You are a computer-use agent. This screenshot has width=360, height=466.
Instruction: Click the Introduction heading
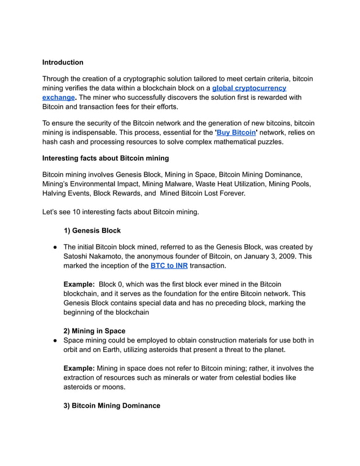click(x=63, y=62)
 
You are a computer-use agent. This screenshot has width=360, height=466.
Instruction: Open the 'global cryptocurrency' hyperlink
click(x=249, y=88)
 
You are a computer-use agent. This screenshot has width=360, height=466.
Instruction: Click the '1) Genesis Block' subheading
click(x=92, y=230)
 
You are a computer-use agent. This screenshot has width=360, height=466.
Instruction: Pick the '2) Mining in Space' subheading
click(x=94, y=331)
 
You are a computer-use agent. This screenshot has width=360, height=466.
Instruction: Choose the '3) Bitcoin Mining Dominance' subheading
click(x=112, y=406)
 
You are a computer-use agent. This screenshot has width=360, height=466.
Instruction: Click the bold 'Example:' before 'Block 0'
click(x=78, y=284)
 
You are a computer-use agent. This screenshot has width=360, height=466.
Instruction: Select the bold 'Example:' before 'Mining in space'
click(x=78, y=368)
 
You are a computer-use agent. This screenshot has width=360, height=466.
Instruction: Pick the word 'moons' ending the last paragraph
click(x=112, y=387)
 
